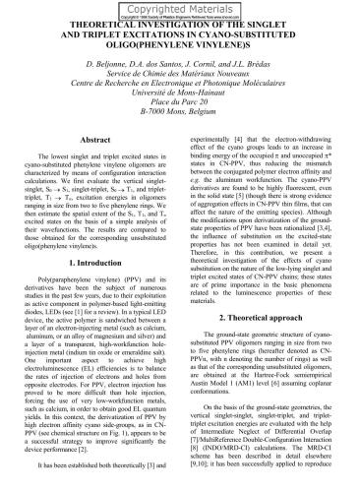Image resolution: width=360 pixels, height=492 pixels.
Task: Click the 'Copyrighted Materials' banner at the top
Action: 180,6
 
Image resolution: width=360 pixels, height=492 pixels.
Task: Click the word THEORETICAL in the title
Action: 78,21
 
